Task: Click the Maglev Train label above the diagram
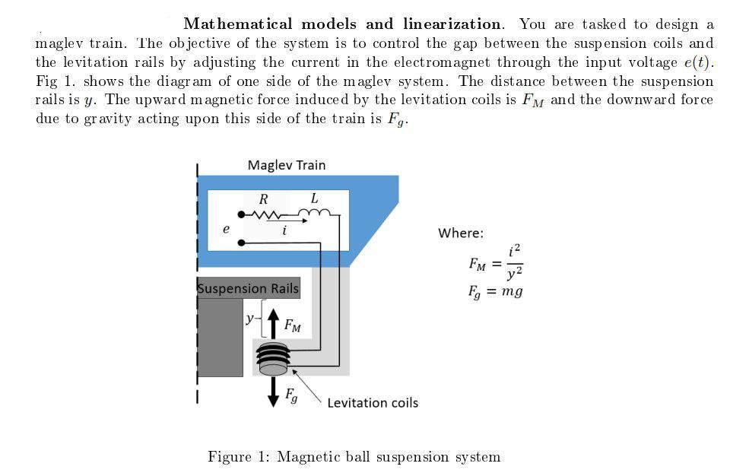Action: [x=286, y=165]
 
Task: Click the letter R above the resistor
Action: [x=264, y=199]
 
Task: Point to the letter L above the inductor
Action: [x=314, y=198]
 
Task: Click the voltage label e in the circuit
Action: [x=225, y=228]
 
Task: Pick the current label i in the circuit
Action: [x=284, y=230]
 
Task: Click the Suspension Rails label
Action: [x=248, y=289]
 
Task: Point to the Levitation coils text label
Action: [x=373, y=403]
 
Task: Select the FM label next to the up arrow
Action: [x=292, y=327]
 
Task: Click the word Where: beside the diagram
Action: [x=460, y=233]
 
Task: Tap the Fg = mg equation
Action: [x=495, y=291]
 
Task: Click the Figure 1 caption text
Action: [x=354, y=456]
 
